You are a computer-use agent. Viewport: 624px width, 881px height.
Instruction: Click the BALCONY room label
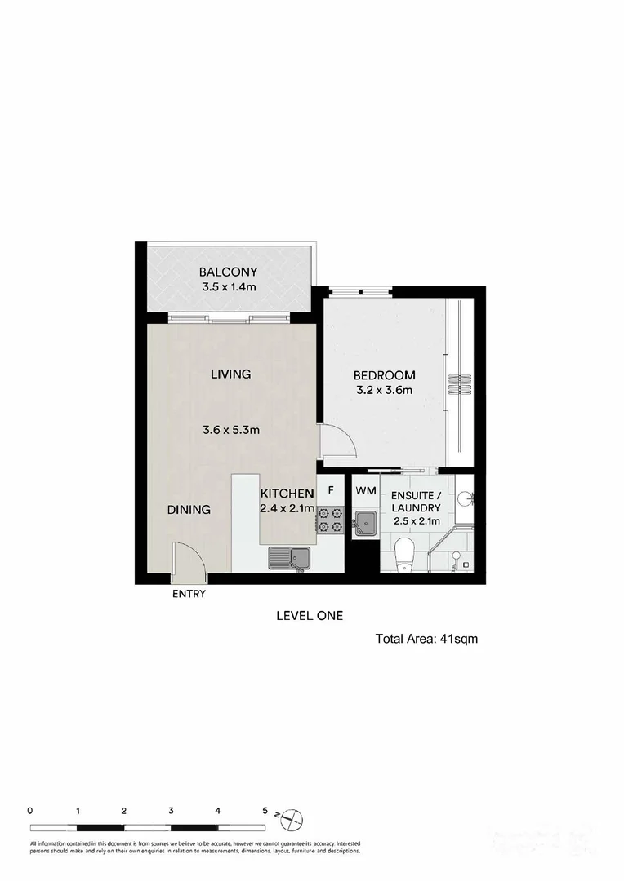pyautogui.click(x=229, y=272)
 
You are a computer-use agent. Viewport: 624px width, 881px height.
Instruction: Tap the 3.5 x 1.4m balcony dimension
pyautogui.click(x=229, y=287)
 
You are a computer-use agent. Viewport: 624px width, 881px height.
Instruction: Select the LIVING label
pyautogui.click(x=230, y=374)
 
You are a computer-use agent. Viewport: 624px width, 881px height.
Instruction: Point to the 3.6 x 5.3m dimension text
pyautogui.click(x=231, y=430)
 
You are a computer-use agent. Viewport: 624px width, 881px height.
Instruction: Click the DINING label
pyautogui.click(x=189, y=510)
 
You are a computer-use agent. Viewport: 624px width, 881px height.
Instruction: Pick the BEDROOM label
pyautogui.click(x=384, y=375)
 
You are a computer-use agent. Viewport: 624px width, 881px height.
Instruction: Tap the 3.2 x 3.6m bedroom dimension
pyautogui.click(x=384, y=390)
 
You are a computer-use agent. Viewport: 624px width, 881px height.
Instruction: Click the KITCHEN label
pyautogui.click(x=287, y=494)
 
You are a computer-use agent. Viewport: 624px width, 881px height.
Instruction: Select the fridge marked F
pyautogui.click(x=331, y=490)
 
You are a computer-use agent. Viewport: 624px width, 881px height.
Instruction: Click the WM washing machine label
pyautogui.click(x=363, y=490)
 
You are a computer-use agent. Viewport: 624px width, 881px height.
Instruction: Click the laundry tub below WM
pyautogui.click(x=364, y=521)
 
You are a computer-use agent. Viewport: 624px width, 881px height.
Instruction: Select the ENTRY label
pyautogui.click(x=189, y=594)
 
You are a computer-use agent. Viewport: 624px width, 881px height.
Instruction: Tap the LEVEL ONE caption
pyautogui.click(x=310, y=617)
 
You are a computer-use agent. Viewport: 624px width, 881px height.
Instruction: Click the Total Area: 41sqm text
pyautogui.click(x=426, y=640)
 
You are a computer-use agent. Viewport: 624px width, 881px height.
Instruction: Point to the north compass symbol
pyautogui.click(x=292, y=815)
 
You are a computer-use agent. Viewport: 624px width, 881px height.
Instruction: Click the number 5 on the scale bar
pyautogui.click(x=265, y=811)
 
